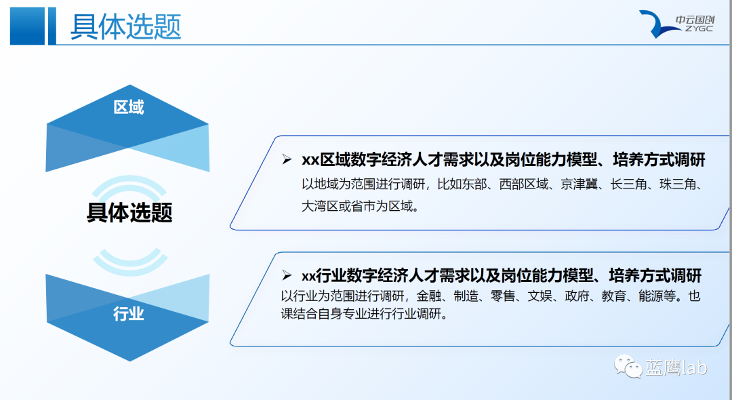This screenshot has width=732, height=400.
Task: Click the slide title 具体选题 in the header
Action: [x=125, y=26]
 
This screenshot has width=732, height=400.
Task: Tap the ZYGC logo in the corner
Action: [x=676, y=24]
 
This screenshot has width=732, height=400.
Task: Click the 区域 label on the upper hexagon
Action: [x=129, y=107]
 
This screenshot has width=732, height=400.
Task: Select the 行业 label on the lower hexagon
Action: [x=129, y=313]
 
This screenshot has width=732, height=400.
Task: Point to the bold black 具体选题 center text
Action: [x=129, y=212]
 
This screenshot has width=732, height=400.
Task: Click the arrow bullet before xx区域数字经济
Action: [x=287, y=159]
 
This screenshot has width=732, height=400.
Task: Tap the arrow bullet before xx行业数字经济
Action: [x=287, y=275]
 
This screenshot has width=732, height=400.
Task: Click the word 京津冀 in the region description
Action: [x=579, y=184]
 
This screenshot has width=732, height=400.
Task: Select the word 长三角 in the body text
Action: [x=628, y=184]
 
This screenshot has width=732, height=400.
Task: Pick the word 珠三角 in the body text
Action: [x=677, y=184]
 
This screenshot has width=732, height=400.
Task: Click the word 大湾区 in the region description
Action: [x=320, y=206]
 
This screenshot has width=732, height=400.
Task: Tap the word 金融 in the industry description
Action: [x=428, y=296]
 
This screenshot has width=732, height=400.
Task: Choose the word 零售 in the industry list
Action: [x=502, y=296]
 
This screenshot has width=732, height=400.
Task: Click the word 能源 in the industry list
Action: [x=651, y=296]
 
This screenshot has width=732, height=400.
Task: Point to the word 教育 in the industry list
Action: [x=613, y=296]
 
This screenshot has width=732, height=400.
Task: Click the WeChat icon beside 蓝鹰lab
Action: [x=628, y=366]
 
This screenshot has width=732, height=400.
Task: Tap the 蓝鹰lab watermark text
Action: [x=676, y=367]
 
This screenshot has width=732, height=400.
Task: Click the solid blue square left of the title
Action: [x=27, y=26]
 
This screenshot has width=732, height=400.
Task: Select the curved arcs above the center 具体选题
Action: [x=129, y=185]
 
